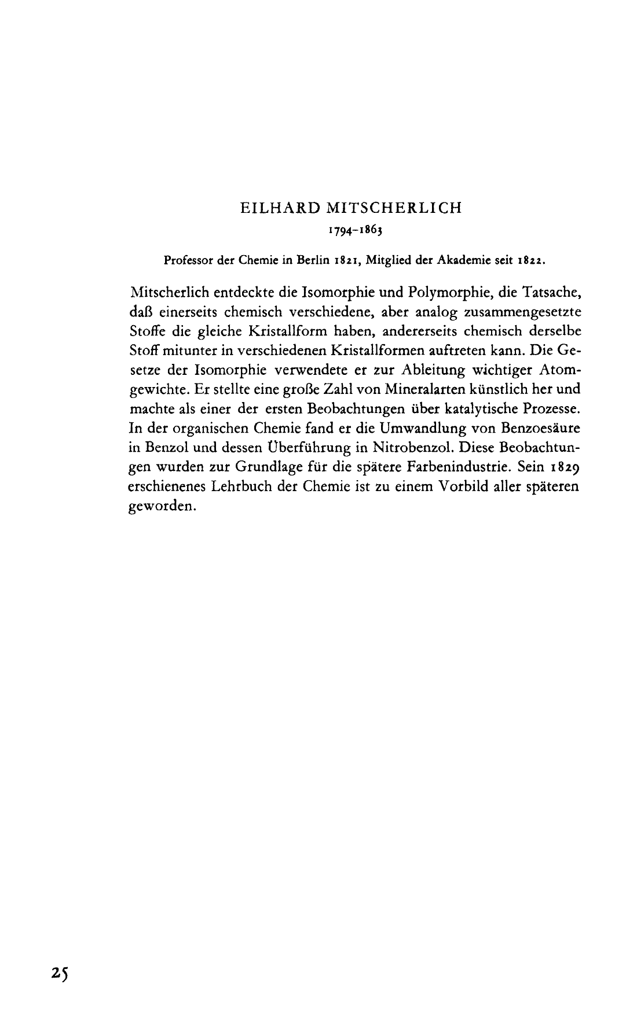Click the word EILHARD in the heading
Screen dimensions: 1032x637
coord(273,208)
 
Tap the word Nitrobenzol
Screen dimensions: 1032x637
coord(409,448)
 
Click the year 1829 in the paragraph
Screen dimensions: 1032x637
coord(560,467)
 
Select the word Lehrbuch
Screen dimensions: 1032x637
coord(238,487)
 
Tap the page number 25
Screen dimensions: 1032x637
coord(59,974)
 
